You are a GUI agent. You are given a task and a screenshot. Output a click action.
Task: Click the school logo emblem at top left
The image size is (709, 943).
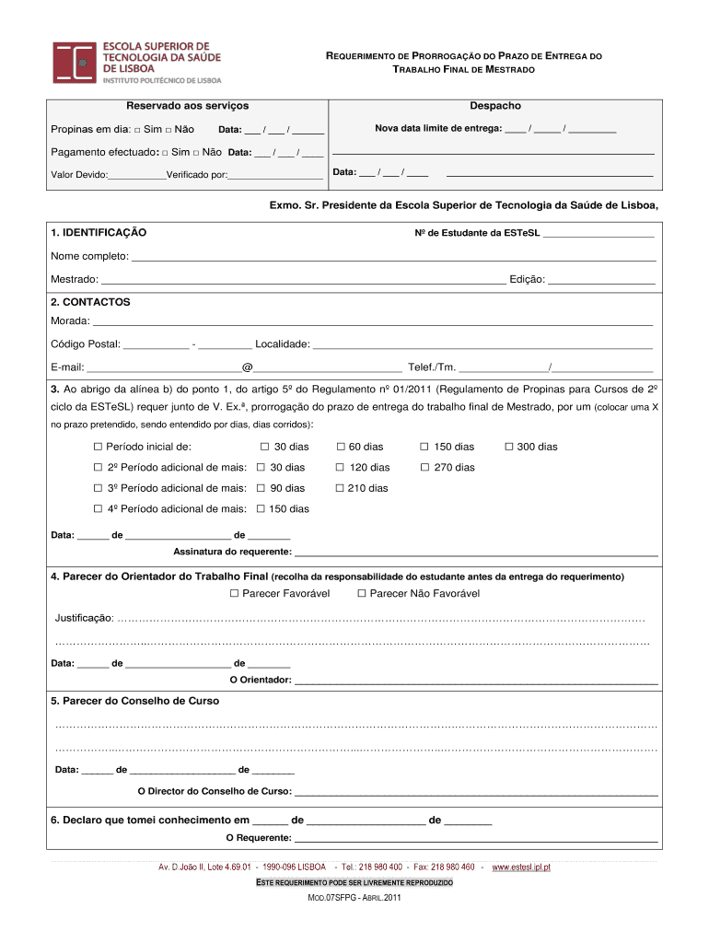coord(74,63)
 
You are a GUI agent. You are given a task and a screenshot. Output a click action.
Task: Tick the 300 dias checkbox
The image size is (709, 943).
coord(508,447)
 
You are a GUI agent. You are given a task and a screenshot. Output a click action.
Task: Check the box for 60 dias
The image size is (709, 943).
coord(340,447)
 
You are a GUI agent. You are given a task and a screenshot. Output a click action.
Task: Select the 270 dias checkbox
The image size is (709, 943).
coord(424,467)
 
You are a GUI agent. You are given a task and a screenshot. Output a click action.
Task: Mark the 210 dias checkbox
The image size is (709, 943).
coord(340,488)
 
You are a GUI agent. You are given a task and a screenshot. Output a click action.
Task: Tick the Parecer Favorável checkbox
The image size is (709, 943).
coord(234,594)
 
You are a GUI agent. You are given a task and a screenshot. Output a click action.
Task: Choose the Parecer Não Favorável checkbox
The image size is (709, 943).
coord(362,594)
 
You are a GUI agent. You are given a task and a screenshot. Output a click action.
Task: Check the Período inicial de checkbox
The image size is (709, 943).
coord(98,447)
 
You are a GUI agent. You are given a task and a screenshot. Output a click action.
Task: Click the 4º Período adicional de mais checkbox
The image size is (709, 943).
coord(98,508)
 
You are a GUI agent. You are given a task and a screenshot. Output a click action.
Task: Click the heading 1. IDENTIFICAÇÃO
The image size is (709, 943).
coord(99,232)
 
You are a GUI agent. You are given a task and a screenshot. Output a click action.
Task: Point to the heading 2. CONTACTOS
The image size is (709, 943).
coord(90,302)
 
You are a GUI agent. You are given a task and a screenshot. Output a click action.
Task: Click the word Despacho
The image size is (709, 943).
coord(495,107)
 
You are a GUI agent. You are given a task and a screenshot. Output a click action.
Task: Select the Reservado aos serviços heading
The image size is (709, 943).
coord(187,107)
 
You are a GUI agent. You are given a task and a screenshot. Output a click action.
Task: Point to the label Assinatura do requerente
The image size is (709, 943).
coord(232,553)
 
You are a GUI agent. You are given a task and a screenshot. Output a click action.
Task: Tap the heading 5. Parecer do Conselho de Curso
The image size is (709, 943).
coord(134,701)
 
